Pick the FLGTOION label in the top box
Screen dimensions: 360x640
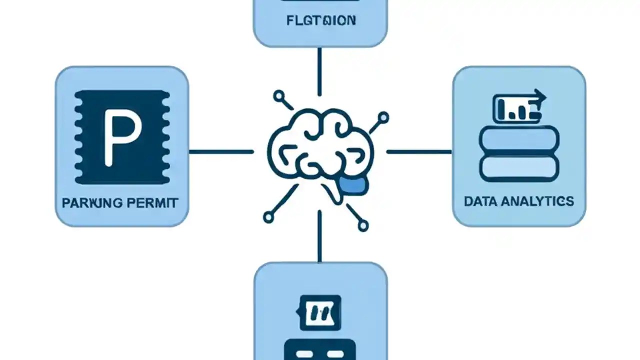[x=321, y=20]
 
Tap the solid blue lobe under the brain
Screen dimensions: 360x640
[x=353, y=185]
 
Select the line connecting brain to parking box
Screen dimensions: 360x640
[x=221, y=151]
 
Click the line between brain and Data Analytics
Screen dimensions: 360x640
[x=419, y=151]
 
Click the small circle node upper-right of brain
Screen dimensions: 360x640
[x=383, y=118]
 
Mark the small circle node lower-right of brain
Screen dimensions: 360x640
[x=363, y=226]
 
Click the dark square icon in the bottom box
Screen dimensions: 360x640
[x=320, y=312]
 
